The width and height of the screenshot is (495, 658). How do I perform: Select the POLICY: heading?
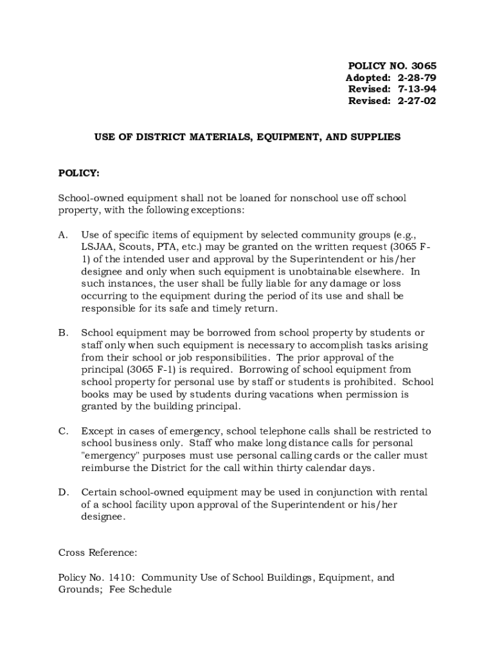click(x=79, y=173)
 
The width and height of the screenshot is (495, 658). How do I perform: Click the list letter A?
click(x=63, y=235)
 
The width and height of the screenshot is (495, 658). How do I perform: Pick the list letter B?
click(x=63, y=333)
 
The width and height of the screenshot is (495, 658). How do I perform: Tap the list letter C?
click(x=63, y=431)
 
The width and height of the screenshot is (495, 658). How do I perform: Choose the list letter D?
click(x=63, y=492)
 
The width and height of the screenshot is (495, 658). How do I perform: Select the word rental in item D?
click(x=412, y=492)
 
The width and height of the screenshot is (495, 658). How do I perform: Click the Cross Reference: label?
click(x=97, y=553)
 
